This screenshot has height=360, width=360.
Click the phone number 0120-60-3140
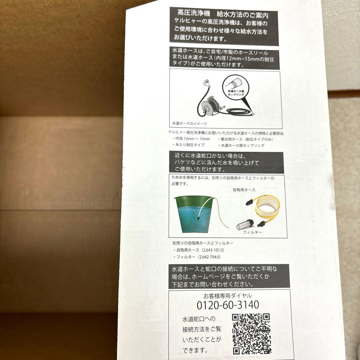coord(228,305)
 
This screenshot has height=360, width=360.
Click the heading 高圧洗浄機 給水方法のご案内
coord(223,15)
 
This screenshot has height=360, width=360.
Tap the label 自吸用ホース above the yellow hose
coord(244,190)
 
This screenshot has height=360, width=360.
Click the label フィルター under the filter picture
coord(252,232)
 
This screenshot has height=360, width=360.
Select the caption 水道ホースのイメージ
coord(190,123)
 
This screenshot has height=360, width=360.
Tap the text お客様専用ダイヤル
coord(228,295)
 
